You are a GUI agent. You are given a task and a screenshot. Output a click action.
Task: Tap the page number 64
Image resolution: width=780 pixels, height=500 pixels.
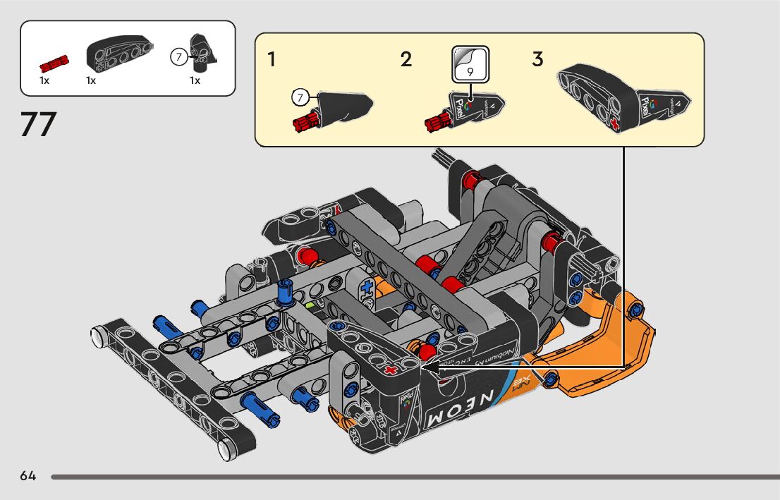point(28,476)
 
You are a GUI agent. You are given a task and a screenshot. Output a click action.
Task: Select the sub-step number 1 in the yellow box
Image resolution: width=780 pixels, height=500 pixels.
point(272,60)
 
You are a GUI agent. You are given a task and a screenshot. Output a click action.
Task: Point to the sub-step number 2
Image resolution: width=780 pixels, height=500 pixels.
point(406,60)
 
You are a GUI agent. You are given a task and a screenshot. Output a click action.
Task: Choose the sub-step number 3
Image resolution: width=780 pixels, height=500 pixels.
point(537,60)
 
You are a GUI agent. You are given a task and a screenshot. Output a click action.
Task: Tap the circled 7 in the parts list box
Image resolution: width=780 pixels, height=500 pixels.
point(179,56)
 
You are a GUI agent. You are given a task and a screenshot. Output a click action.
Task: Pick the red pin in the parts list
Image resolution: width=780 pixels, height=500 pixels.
point(54,65)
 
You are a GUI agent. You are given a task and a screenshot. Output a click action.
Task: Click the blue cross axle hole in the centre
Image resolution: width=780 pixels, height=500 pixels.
point(367,288)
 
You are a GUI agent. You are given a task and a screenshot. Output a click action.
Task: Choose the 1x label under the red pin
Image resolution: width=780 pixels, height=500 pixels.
point(44,80)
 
